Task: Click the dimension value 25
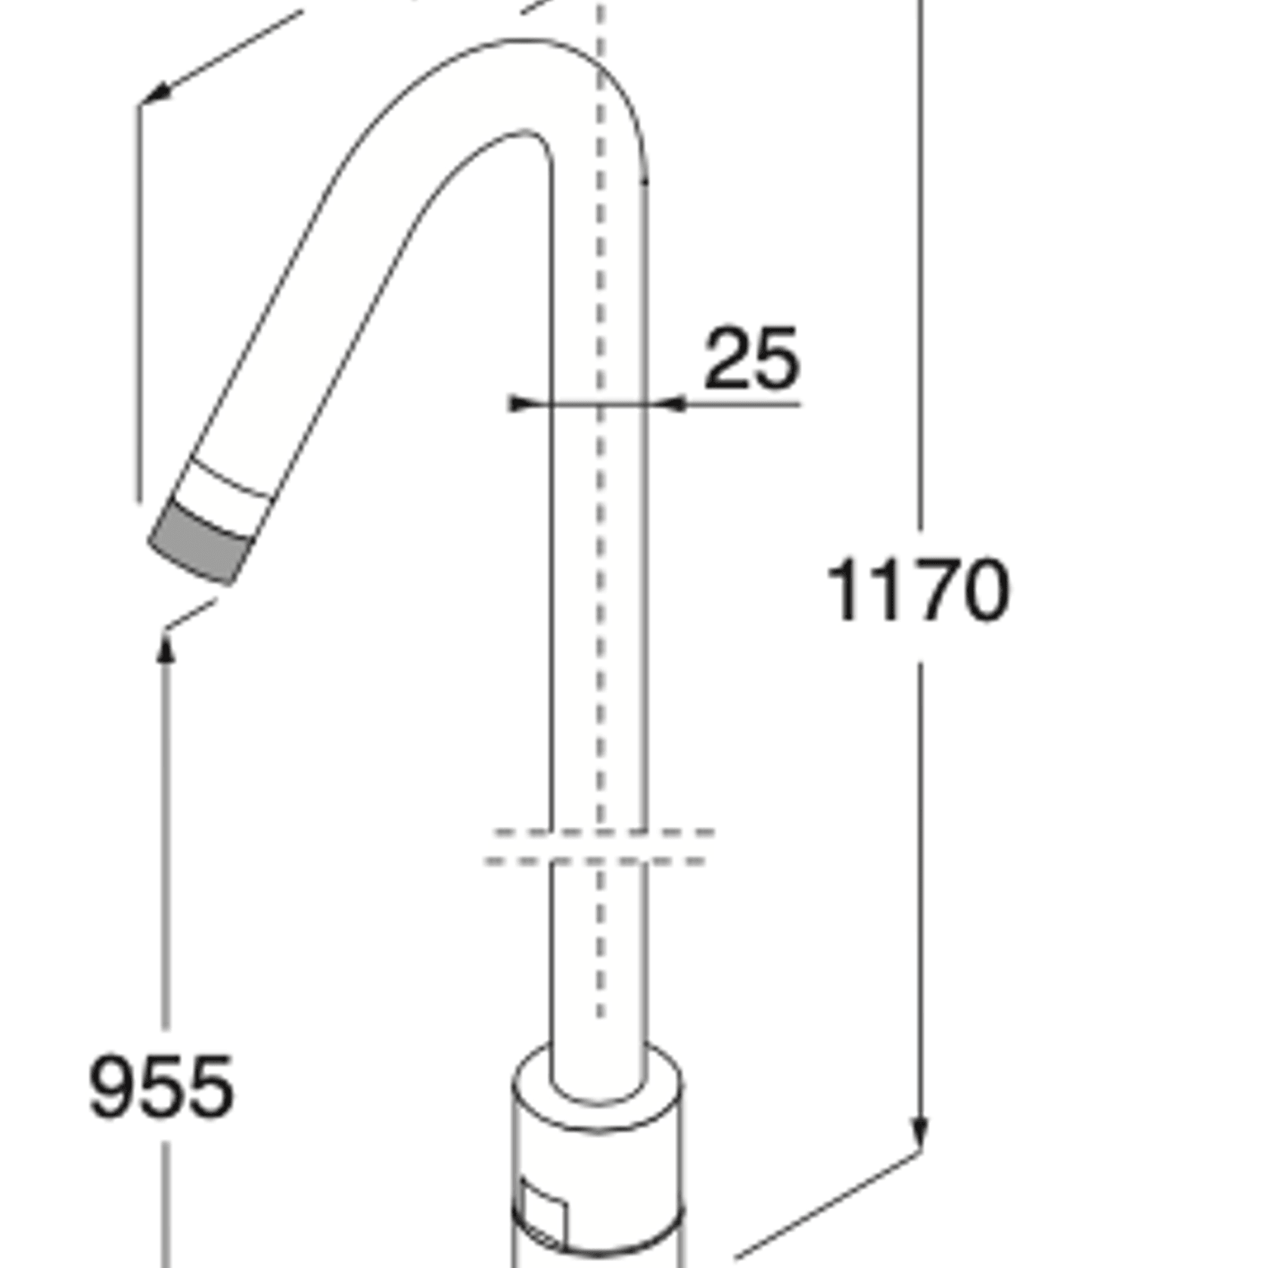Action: click(x=751, y=359)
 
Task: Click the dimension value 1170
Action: click(x=918, y=590)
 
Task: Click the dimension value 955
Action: click(x=161, y=1088)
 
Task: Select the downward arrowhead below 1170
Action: click(x=920, y=1133)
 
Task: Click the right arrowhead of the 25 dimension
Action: click(x=673, y=405)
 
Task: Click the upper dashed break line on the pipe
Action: click(x=603, y=832)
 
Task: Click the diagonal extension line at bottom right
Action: click(x=825, y=1207)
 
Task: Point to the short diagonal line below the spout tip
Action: click(x=191, y=614)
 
